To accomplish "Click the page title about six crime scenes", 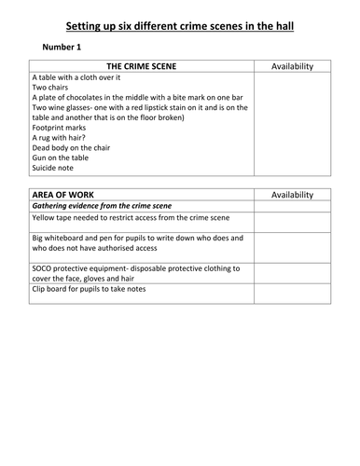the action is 180,25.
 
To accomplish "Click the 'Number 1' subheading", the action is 66,46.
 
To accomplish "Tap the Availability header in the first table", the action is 292,67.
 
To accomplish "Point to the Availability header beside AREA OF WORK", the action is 292,195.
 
